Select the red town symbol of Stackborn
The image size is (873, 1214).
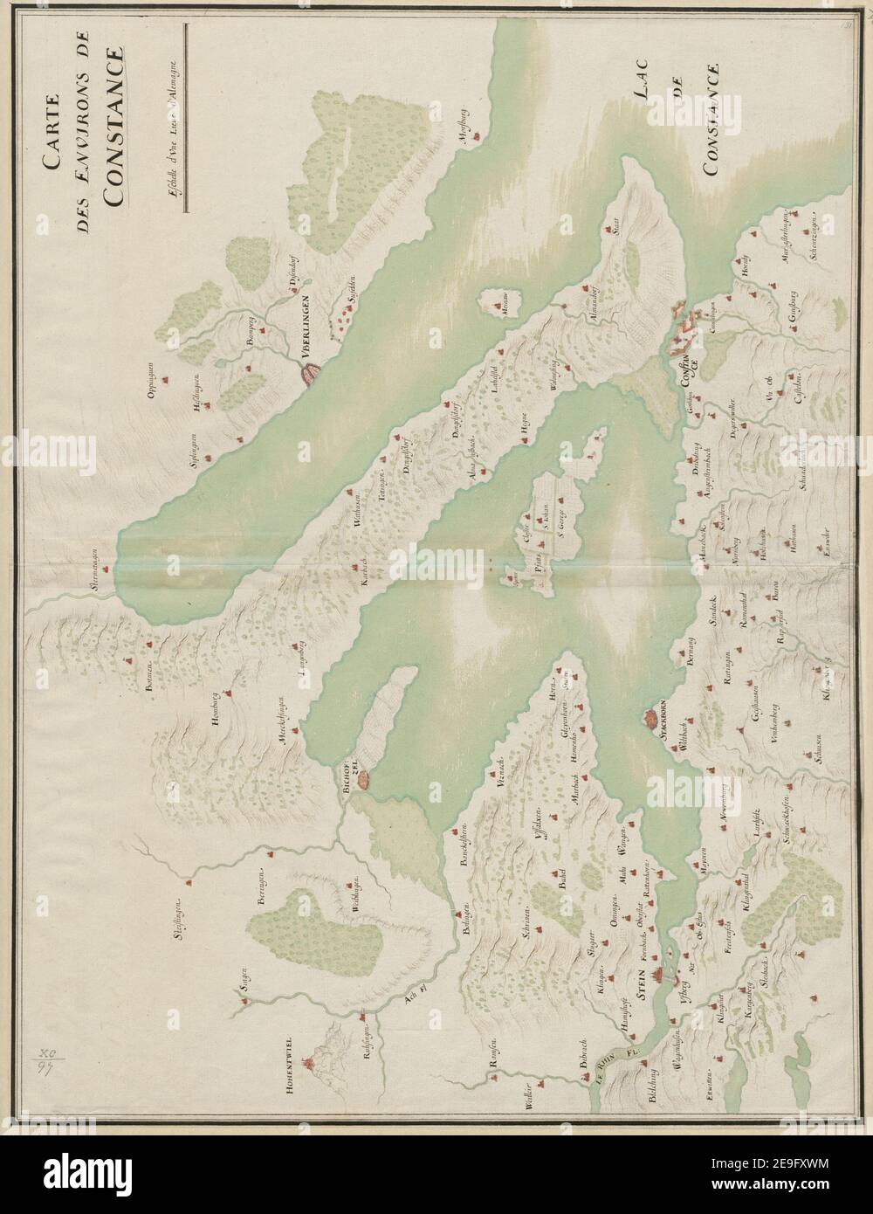pyautogui.click(x=650, y=719)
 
